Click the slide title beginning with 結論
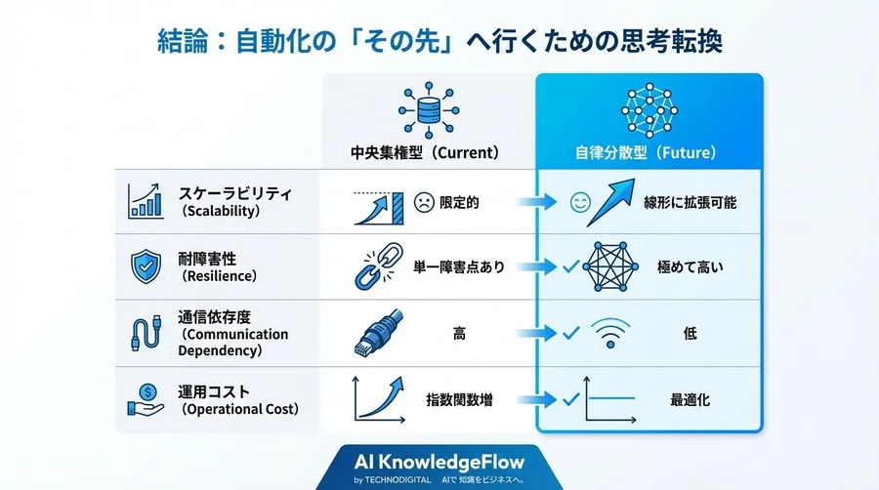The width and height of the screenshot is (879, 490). [x=439, y=42]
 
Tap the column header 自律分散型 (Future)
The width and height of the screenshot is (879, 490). [x=649, y=153]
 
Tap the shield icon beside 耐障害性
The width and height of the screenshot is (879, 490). [x=145, y=265]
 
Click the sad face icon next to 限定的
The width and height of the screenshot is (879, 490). [x=424, y=203]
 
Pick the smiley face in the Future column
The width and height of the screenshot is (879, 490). [x=580, y=203]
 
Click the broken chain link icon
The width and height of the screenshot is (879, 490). [x=370, y=266]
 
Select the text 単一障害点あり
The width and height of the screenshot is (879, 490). [x=459, y=266]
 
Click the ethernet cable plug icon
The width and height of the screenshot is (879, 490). [x=372, y=334]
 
